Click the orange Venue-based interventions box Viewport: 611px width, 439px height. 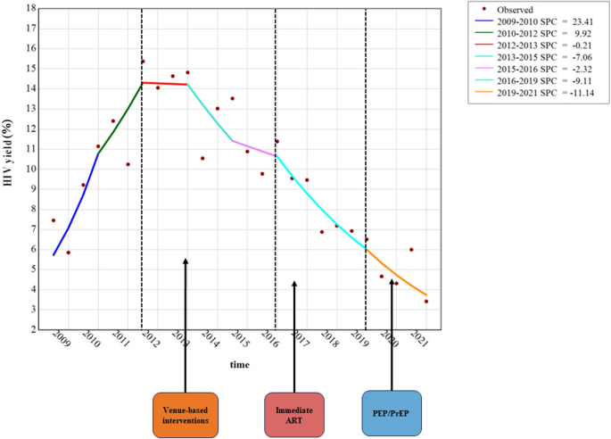(186, 414)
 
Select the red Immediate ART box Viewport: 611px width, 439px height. (294, 414)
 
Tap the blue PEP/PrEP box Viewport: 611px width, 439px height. (392, 414)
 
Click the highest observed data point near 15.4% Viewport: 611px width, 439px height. (143, 62)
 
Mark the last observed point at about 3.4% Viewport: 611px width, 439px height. (426, 302)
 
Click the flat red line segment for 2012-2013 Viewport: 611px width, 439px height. (165, 84)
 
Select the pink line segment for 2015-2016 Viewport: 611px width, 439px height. (253, 147)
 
